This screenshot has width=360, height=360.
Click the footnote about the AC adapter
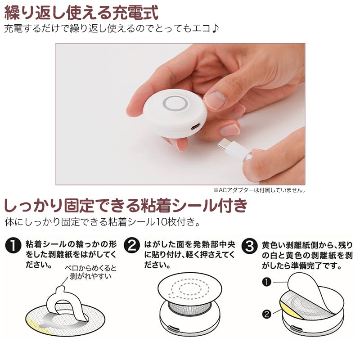point(260,190)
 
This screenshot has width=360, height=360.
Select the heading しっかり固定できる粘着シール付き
point(126,206)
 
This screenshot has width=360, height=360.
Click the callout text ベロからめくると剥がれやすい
point(90,272)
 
